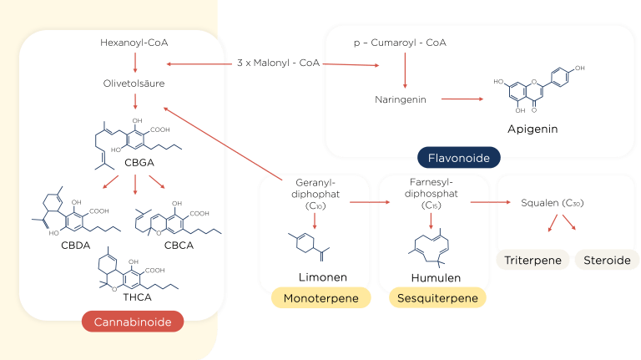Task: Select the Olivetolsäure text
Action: pos(134,84)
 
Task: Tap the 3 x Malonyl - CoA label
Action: pos(278,64)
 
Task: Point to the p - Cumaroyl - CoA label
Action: pos(404,42)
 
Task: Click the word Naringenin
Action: pos(401,99)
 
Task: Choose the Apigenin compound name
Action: pos(532,129)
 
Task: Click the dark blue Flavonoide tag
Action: pos(458,157)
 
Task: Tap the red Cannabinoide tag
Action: pos(133,322)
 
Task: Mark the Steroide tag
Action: pos(607,260)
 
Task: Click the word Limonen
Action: pos(322,276)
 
